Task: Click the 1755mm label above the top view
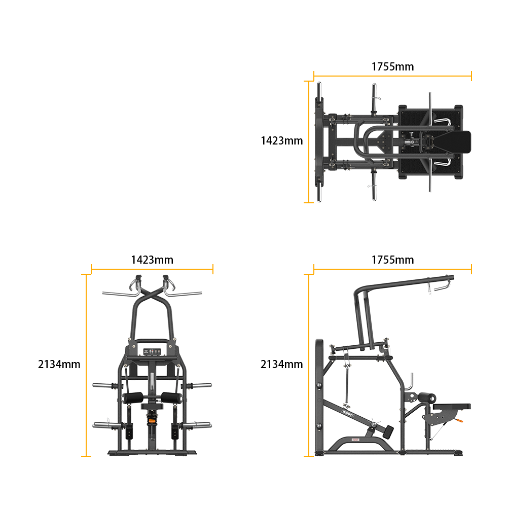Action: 392,66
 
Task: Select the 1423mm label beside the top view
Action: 281,140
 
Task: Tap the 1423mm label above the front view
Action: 152,260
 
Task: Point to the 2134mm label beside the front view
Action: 59,365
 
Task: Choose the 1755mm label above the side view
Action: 392,260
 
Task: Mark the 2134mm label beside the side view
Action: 281,365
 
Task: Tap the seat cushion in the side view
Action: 452,406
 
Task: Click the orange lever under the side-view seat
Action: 459,420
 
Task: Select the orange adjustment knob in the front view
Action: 151,421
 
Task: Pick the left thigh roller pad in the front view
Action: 132,398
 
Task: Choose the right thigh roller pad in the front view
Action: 172,398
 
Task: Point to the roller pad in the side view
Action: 427,397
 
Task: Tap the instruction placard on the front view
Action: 152,352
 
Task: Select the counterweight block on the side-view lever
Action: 388,432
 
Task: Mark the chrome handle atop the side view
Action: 439,286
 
